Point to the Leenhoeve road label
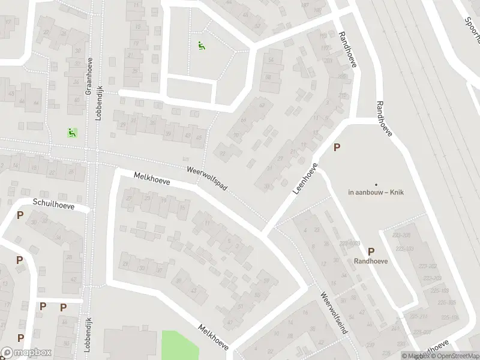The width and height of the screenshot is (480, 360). (305, 178)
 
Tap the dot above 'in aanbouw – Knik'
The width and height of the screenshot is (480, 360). (376, 184)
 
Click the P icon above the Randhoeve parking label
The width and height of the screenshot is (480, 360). (371, 252)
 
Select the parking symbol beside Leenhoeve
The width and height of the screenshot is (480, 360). (337, 147)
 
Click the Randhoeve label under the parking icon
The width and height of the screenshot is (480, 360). (371, 261)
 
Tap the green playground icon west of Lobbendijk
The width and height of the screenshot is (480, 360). (72, 133)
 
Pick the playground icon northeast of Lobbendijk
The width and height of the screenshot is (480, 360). (201, 44)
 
